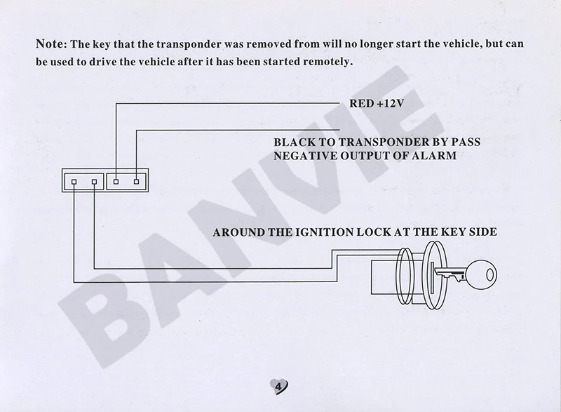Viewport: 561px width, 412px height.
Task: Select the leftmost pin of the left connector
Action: point(73,183)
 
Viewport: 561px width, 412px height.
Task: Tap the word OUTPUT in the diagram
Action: point(361,155)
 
